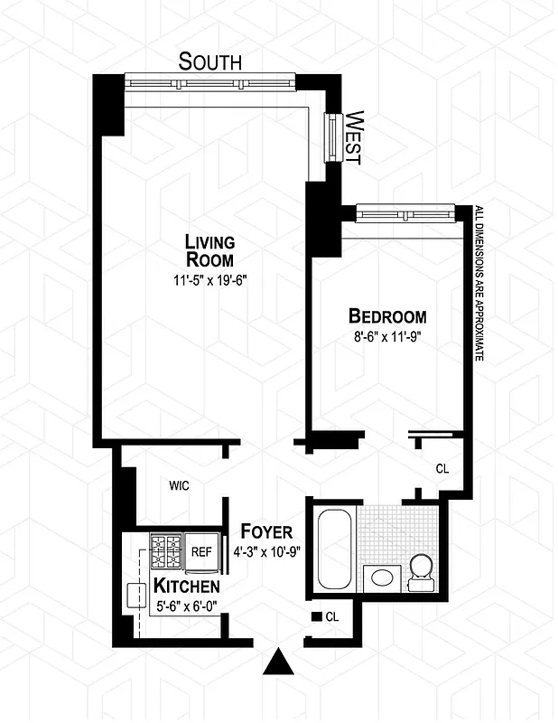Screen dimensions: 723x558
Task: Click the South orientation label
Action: pyautogui.click(x=209, y=61)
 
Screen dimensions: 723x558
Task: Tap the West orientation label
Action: pyautogui.click(x=355, y=136)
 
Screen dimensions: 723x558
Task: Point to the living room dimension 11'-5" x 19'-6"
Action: pyautogui.click(x=209, y=280)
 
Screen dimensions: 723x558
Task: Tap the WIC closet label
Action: pyautogui.click(x=179, y=485)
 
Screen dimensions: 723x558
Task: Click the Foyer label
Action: pyautogui.click(x=266, y=531)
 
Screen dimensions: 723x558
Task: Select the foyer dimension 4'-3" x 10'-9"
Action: pyautogui.click(x=267, y=550)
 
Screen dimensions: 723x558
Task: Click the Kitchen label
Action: pyautogui.click(x=185, y=586)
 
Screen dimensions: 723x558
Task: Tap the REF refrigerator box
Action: pyautogui.click(x=201, y=549)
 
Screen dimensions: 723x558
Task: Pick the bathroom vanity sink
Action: pyautogui.click(x=382, y=577)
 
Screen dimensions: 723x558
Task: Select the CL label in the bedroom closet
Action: pyautogui.click(x=442, y=469)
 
